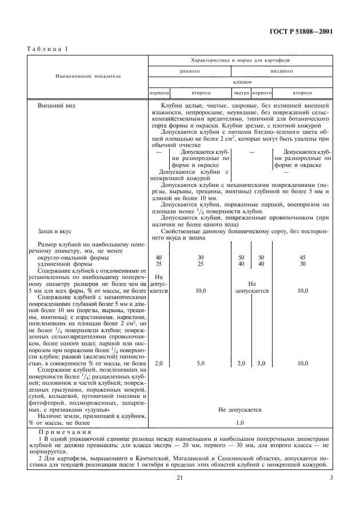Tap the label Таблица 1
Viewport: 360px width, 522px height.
coord(46,49)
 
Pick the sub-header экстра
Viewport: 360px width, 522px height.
coord(240,91)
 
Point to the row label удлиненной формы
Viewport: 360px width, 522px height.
coord(62,264)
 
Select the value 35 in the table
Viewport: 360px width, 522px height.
coord(159,264)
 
